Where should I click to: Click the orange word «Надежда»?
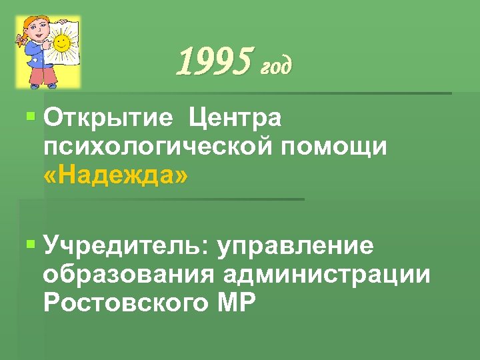pyautogui.click(x=115, y=175)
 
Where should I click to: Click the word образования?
pyautogui.click(x=128, y=274)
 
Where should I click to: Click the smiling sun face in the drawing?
pyautogui.click(x=61, y=44)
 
